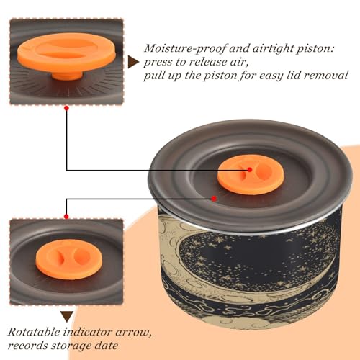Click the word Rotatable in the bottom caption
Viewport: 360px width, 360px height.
point(35,332)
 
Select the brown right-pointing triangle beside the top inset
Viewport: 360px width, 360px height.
point(133,62)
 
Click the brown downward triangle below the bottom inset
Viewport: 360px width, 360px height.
point(67,317)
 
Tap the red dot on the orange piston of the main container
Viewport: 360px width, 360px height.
point(250,170)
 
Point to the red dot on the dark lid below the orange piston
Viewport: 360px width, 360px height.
point(214,199)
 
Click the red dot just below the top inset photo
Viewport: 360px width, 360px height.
point(66,108)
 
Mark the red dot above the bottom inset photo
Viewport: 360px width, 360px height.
point(66,217)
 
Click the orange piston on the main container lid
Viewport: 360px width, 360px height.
point(251,174)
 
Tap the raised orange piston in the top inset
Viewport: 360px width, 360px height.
point(66,53)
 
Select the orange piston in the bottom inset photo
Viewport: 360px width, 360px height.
point(69,259)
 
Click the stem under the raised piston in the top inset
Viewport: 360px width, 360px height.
point(68,76)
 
